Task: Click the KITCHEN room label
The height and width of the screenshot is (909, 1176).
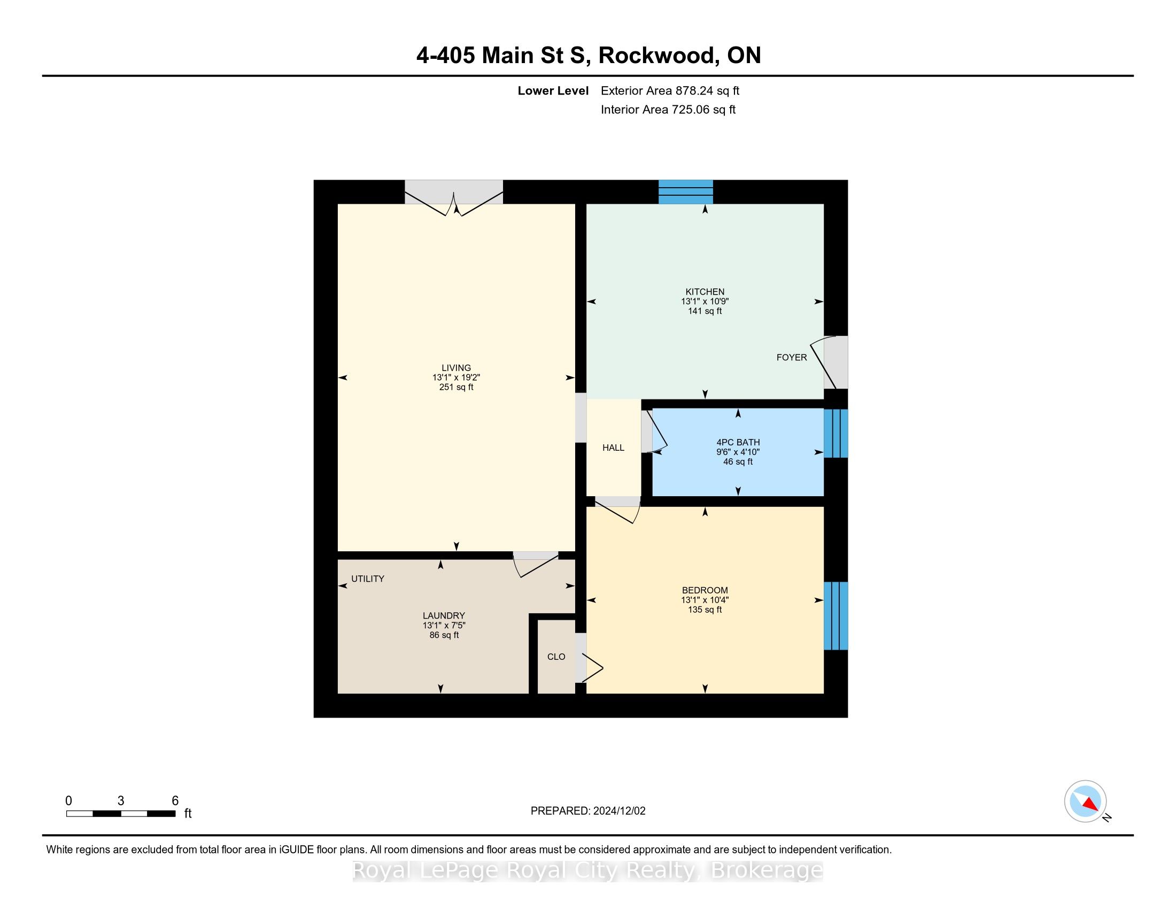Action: click(x=705, y=292)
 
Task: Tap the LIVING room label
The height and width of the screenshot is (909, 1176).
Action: click(x=456, y=368)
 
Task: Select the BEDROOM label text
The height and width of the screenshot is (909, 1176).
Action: click(x=705, y=590)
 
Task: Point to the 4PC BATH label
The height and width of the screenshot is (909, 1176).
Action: click(x=738, y=443)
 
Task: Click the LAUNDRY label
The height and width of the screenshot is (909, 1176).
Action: click(x=444, y=615)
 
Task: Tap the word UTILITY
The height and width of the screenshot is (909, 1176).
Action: click(x=368, y=579)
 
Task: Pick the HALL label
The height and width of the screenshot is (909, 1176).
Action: click(x=613, y=448)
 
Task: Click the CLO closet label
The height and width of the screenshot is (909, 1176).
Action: click(x=556, y=657)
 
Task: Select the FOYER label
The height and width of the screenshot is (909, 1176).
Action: click(x=792, y=357)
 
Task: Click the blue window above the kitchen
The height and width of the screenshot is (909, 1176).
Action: click(x=686, y=192)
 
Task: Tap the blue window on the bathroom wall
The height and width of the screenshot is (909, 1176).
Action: click(x=836, y=434)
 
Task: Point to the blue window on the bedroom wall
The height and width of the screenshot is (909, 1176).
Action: click(x=836, y=615)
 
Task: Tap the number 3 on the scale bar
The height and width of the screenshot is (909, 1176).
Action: click(x=121, y=801)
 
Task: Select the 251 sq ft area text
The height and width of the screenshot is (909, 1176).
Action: click(x=456, y=387)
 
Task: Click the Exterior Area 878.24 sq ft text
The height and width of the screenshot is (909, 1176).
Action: click(x=670, y=90)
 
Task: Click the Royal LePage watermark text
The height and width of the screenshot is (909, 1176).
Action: click(x=587, y=871)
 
